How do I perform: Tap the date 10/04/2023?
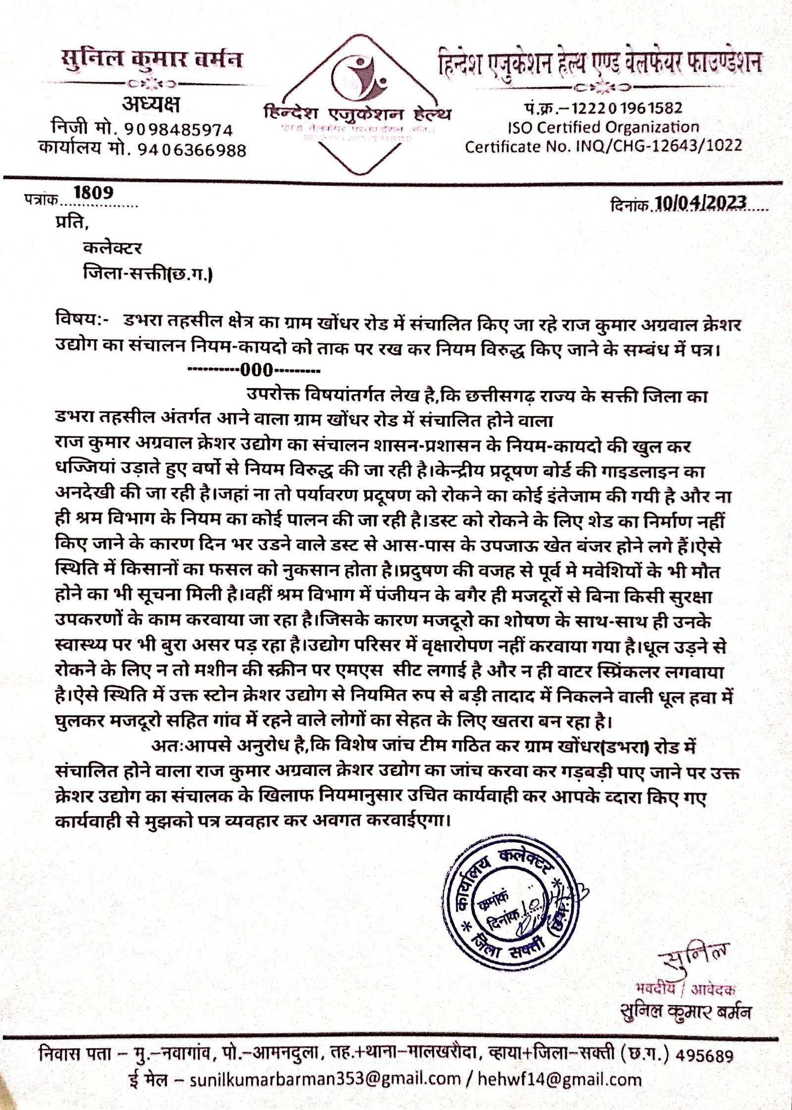(x=700, y=203)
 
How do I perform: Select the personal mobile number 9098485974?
(x=178, y=130)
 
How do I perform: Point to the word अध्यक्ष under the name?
(x=151, y=105)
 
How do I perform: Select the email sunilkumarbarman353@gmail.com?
(x=325, y=1079)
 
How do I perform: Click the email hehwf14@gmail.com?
(x=559, y=1079)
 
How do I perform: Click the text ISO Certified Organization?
(x=603, y=128)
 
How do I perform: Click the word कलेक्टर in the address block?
(x=113, y=247)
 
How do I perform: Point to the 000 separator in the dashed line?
(x=256, y=370)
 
